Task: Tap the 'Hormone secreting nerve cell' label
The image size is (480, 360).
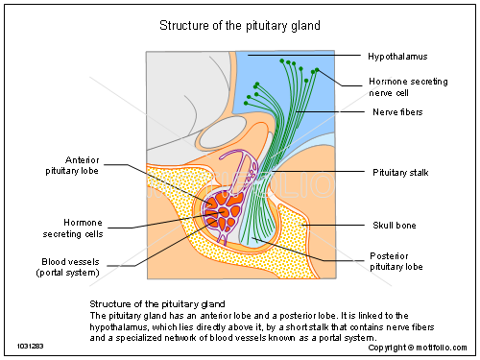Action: tap(409, 87)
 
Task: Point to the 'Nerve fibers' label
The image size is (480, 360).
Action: tap(397, 112)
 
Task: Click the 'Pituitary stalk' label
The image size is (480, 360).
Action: tap(401, 172)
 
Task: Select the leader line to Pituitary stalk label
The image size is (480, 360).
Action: tap(317, 172)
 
